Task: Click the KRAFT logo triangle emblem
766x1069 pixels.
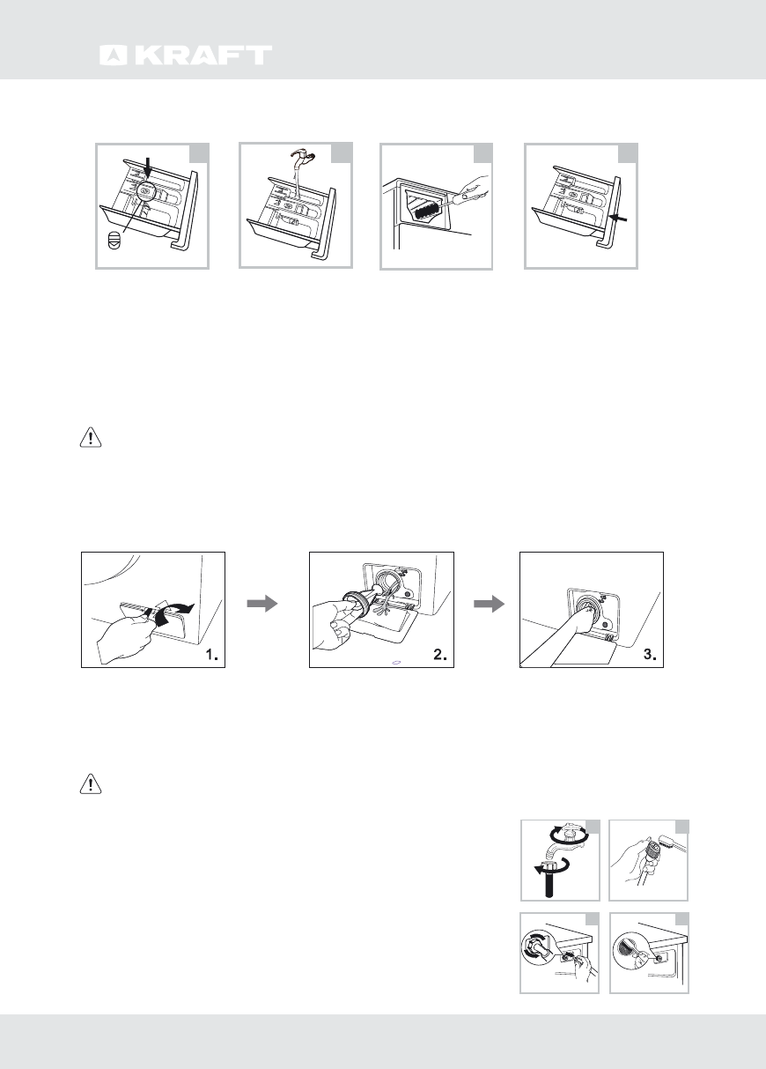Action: coord(112,56)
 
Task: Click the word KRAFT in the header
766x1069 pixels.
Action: coord(202,56)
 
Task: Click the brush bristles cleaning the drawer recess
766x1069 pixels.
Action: coord(423,210)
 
